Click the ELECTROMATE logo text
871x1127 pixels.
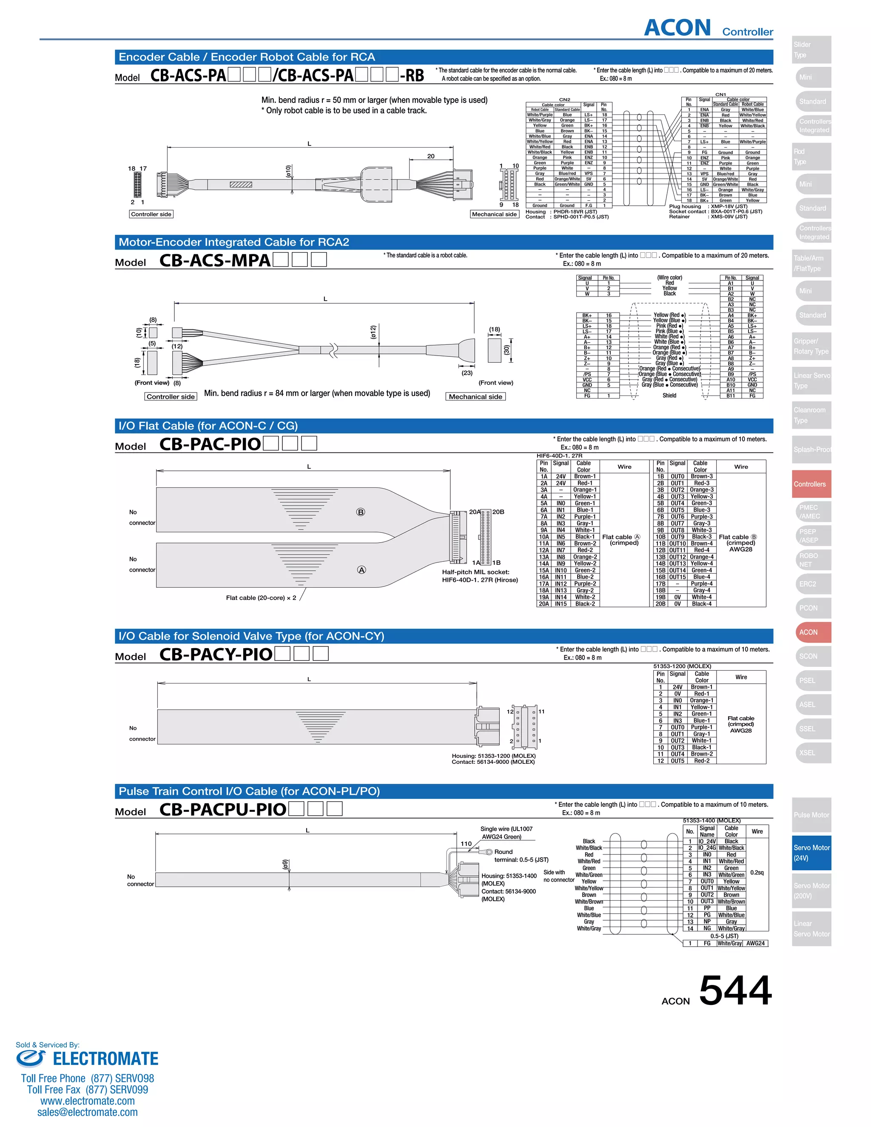pyautogui.click(x=105, y=1059)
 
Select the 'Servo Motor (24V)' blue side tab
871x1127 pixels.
pyautogui.click(x=811, y=852)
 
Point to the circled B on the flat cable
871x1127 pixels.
pyautogui.click(x=361, y=512)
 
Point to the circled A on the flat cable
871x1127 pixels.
pyautogui.click(x=361, y=570)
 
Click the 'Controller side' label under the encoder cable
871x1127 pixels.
pyautogui.click(x=151, y=214)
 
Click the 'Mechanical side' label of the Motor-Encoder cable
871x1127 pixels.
pyautogui.click(x=475, y=396)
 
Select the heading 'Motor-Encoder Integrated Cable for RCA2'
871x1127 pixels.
pyautogui.click(x=234, y=242)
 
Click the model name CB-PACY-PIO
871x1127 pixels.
pyautogui.click(x=216, y=655)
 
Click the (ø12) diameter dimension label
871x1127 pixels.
pyautogui.click(x=373, y=332)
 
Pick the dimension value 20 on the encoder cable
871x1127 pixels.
pyautogui.click(x=431, y=156)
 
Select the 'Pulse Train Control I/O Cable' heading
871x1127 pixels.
pyautogui.click(x=249, y=791)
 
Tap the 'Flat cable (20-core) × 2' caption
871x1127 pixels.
pyautogui.click(x=261, y=598)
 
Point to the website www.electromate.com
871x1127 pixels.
pyautogui.click(x=87, y=1100)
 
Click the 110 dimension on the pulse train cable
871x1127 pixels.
pyautogui.click(x=466, y=844)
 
